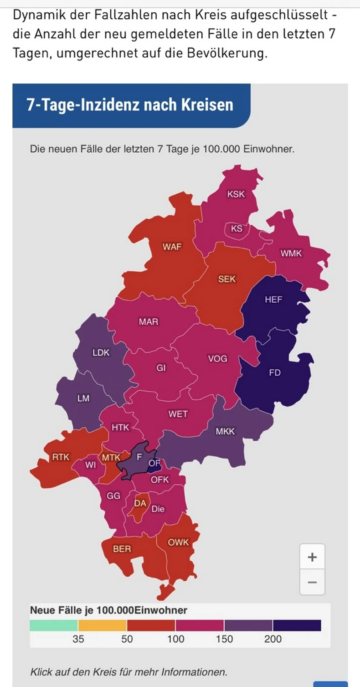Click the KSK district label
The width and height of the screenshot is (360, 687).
point(236,194)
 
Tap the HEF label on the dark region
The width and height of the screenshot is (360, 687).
point(273,300)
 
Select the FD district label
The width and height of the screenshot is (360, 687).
point(275,373)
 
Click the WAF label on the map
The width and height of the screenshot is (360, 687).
point(172,247)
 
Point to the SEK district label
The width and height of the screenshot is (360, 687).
point(227,279)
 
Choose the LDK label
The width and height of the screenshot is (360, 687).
point(101,352)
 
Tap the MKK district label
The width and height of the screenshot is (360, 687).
point(225,431)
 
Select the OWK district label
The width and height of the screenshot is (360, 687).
point(178,542)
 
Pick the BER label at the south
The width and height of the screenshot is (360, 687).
point(122,549)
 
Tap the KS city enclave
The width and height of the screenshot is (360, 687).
point(237,229)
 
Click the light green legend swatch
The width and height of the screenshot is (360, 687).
point(54,625)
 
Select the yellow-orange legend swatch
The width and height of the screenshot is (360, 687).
point(103,625)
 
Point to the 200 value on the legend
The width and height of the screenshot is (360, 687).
point(273,639)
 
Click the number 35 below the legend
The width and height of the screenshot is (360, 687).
point(78,639)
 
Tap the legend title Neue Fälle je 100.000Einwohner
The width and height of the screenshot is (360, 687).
point(108,610)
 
